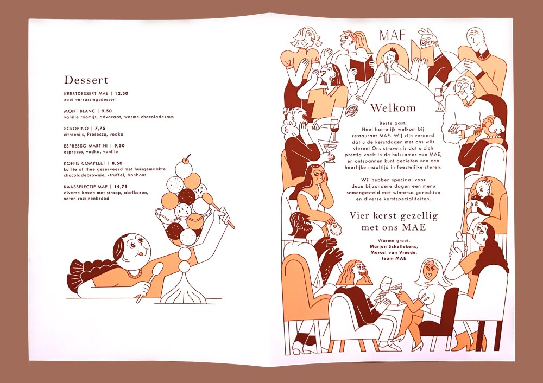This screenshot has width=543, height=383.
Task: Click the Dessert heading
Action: coord(86,80)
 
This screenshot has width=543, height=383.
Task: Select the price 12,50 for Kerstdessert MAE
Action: coord(122,93)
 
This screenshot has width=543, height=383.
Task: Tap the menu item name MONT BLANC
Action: coord(79,111)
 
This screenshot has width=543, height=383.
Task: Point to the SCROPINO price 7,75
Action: coord(100,129)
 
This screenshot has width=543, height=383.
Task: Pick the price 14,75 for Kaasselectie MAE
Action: coord(121,187)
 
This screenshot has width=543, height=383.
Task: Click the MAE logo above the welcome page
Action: coord(393,35)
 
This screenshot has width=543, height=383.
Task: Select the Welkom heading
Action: coord(393,107)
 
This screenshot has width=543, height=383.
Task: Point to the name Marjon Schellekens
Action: coord(394,247)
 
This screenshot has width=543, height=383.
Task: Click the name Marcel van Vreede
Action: coord(394,253)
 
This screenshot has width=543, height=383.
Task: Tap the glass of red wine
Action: coord(334,130)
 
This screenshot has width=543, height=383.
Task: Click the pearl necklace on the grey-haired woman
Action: coord(494,136)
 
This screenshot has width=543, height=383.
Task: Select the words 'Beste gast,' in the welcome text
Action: coord(393,123)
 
